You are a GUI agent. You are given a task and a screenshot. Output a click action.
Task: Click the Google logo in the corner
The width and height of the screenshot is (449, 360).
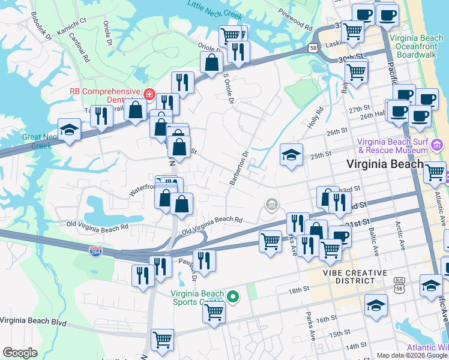[x=20, y=353]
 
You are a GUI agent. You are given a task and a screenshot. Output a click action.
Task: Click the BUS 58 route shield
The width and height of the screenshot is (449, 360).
[x=399, y=282]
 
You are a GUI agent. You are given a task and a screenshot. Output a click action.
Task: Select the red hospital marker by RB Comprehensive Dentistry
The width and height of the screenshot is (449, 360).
[x=148, y=95]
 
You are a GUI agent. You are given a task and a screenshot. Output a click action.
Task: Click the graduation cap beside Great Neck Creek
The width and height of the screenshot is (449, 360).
[x=70, y=130]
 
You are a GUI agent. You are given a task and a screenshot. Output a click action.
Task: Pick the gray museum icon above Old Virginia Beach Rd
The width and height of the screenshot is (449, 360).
[x=271, y=206]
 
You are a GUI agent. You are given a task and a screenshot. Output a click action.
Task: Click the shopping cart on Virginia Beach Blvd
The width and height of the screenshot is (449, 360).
[x=162, y=340]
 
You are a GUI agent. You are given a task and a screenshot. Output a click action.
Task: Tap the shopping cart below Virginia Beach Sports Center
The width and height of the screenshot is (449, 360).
[x=214, y=311]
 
